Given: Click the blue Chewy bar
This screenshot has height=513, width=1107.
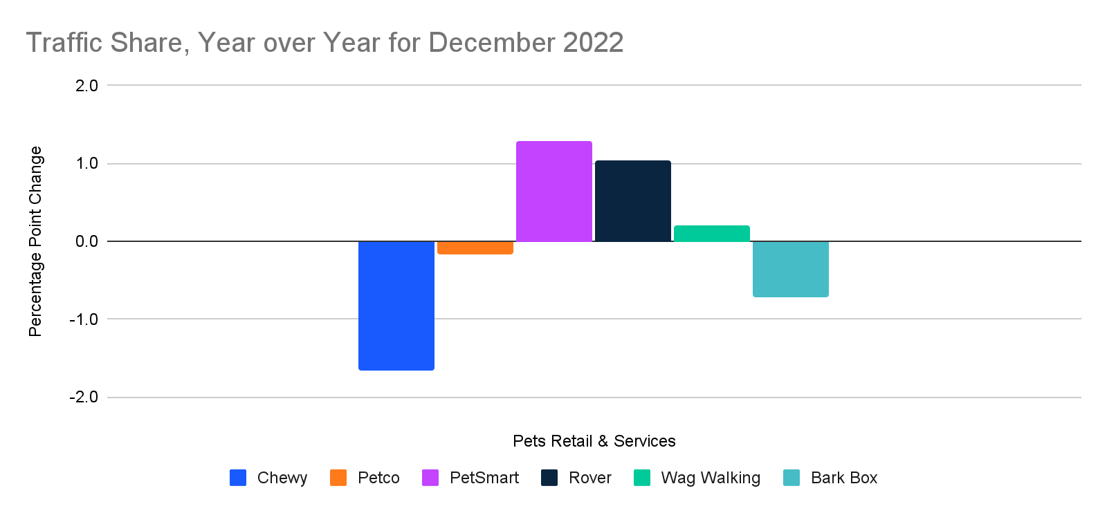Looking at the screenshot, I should click(396, 306).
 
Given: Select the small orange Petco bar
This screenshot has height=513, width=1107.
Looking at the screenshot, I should click(475, 248).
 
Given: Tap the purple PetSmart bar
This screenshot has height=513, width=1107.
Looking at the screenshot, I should click(553, 192).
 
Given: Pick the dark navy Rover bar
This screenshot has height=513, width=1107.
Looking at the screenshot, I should click(632, 201).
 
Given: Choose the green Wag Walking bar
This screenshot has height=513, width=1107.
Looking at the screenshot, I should click(711, 234).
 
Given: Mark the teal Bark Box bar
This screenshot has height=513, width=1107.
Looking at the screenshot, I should click(790, 269).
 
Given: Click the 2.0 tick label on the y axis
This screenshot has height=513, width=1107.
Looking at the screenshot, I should click(86, 86).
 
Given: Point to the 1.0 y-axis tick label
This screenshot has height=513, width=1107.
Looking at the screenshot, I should click(86, 164).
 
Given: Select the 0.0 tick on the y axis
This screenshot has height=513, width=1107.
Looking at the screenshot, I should click(86, 241).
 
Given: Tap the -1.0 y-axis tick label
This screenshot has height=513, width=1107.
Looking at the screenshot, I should click(84, 319).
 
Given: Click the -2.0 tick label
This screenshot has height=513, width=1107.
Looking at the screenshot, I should click(84, 398).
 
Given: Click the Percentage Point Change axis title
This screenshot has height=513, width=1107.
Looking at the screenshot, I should click(35, 241).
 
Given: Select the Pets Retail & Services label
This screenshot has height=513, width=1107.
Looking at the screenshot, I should click(594, 441).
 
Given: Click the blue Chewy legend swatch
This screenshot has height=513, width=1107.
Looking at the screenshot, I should click(238, 478).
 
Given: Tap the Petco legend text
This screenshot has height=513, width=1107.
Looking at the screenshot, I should click(378, 478).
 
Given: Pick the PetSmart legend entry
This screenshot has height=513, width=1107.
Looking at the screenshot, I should click(484, 478).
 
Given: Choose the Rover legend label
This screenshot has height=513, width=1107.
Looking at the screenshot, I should click(589, 478).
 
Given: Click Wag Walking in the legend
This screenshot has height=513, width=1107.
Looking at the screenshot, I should click(710, 478).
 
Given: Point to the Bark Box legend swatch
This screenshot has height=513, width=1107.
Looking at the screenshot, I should click(791, 478).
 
